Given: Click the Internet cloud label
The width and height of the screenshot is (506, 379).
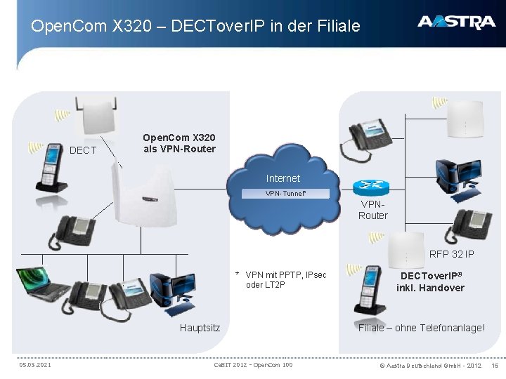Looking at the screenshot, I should point(283,178).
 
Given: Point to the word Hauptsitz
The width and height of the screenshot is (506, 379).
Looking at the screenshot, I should point(200,328).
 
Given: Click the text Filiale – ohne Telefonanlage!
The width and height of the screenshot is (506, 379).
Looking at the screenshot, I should point(421,328).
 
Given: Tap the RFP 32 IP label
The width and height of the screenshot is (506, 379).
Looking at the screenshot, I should point(451,254).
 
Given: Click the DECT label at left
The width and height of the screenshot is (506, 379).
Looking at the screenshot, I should point(83,150).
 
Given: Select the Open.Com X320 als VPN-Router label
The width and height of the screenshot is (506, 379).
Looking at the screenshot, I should point(179,143).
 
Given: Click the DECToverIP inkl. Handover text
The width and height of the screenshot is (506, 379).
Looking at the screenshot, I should point(430,282).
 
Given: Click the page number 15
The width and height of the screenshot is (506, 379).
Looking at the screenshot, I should point(494,365).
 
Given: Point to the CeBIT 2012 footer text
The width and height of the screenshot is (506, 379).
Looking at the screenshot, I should point(252,365).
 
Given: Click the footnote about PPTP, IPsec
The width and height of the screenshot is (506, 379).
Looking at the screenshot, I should point(281,279).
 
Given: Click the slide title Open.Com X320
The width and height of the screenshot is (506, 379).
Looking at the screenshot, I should point(195,27).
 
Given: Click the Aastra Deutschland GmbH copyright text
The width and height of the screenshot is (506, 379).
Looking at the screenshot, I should point(430,365).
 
